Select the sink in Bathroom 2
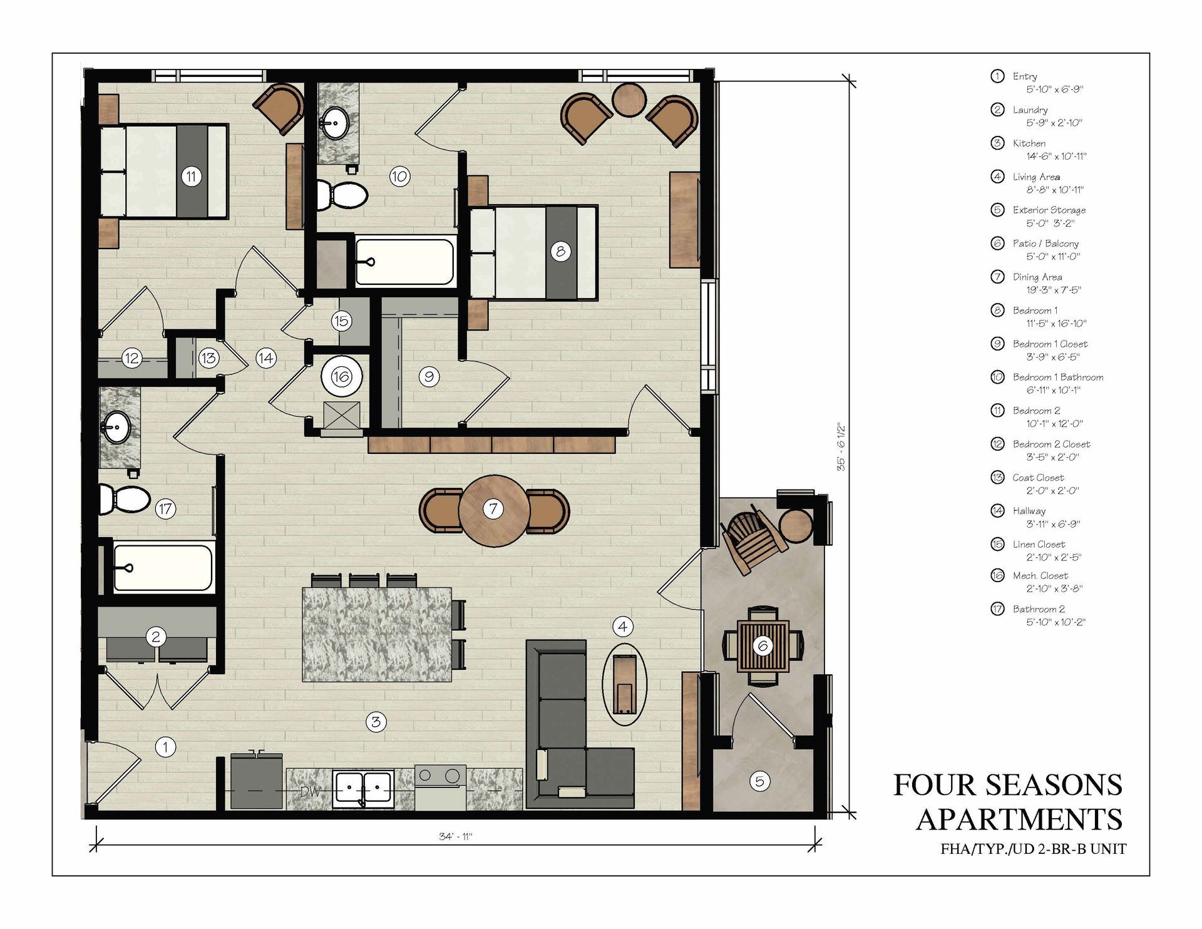pyautogui.click(x=116, y=428)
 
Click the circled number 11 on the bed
pyautogui.click(x=192, y=177)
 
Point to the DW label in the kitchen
pyautogui.click(x=311, y=791)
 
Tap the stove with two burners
pyautogui.click(x=440, y=787)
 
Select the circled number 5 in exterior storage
pyautogui.click(x=759, y=781)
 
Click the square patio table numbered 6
pyautogui.click(x=763, y=645)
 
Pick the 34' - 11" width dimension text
pyautogui.click(x=455, y=836)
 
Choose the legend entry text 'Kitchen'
pyautogui.click(x=1029, y=143)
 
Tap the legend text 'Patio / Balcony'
pyautogui.click(x=1045, y=244)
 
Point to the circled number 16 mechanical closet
pyautogui.click(x=341, y=376)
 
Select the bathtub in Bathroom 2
pyautogui.click(x=163, y=567)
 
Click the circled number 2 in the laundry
pyautogui.click(x=156, y=637)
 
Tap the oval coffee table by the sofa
pyautogui.click(x=624, y=684)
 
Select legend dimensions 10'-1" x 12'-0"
pyautogui.click(x=1054, y=424)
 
